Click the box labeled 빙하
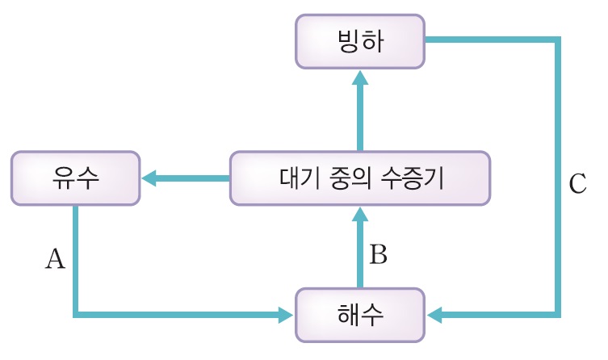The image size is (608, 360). click(x=360, y=41)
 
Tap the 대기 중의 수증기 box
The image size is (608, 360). click(x=359, y=178)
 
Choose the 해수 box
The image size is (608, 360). click(x=360, y=313)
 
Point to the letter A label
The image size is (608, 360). click(x=54, y=258)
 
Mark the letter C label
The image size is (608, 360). click(x=577, y=185)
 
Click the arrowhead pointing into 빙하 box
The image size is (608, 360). click(x=360, y=77)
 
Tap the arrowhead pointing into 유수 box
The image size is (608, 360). click(x=149, y=178)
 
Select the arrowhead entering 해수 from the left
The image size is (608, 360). click(x=287, y=313)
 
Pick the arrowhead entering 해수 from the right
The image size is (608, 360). click(x=434, y=313)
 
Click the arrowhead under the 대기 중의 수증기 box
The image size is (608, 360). click(x=360, y=213)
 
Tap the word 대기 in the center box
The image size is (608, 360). click(x=295, y=178)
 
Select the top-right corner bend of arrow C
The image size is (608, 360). click(x=557, y=40)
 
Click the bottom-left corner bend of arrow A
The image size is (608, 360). click(x=75, y=313)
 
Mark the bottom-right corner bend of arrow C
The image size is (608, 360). click(x=557, y=313)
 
